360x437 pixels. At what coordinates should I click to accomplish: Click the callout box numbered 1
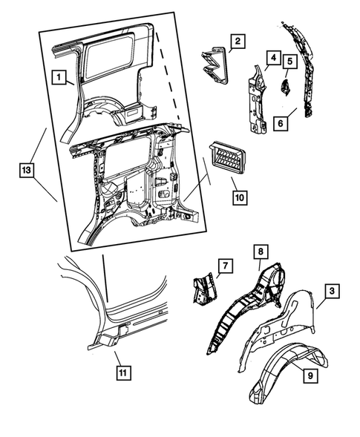point(59,76)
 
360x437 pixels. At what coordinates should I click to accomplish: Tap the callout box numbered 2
point(238,42)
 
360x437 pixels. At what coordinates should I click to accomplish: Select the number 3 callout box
point(332,291)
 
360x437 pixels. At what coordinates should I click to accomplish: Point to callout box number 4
point(273,58)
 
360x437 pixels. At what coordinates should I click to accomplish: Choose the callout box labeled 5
point(290,61)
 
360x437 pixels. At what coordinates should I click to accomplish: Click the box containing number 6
point(281,122)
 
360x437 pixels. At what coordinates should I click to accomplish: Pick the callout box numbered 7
point(226,266)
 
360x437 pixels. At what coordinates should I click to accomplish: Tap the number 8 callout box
point(261,252)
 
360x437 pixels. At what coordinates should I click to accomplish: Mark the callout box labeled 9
point(310,375)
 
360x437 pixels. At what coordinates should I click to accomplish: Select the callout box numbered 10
point(240,197)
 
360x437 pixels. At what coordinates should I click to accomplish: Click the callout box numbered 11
point(123,372)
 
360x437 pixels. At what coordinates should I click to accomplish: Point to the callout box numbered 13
point(27,170)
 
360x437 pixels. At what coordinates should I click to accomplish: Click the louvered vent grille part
point(227,158)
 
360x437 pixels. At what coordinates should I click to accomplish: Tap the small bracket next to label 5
point(285,88)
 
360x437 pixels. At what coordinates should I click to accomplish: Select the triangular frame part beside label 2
point(215,65)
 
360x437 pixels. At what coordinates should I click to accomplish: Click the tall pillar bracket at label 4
point(257,99)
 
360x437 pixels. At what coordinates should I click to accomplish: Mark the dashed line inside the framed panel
point(168,76)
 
